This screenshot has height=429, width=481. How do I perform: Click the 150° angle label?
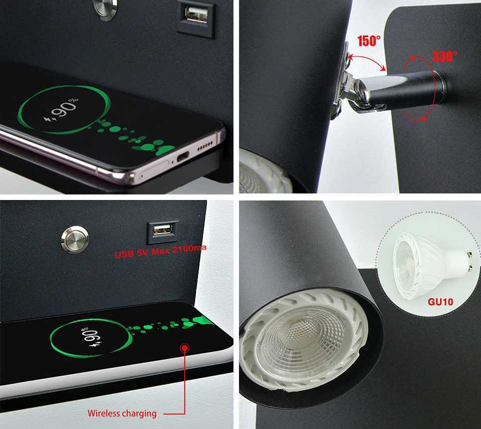369,41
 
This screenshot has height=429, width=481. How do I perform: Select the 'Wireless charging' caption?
122,413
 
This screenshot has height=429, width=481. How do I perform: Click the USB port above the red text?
162,230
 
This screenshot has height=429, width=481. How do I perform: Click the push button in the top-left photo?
105,9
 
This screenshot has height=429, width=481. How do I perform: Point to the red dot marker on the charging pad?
185,347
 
